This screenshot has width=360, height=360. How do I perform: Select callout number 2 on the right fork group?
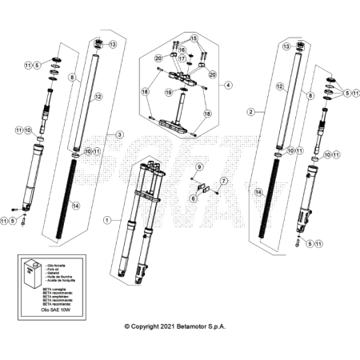point(250,112)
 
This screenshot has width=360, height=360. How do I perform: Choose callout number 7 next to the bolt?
point(226,182)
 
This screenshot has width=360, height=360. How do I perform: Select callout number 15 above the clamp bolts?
point(193,38)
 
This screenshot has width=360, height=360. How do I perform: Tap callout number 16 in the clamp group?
point(182,50)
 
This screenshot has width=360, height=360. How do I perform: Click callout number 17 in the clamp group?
point(182,58)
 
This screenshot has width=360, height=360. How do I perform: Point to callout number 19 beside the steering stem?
point(169,94)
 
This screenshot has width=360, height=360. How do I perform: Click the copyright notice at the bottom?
point(180,327)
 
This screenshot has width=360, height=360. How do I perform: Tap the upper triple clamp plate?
point(183,77)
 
